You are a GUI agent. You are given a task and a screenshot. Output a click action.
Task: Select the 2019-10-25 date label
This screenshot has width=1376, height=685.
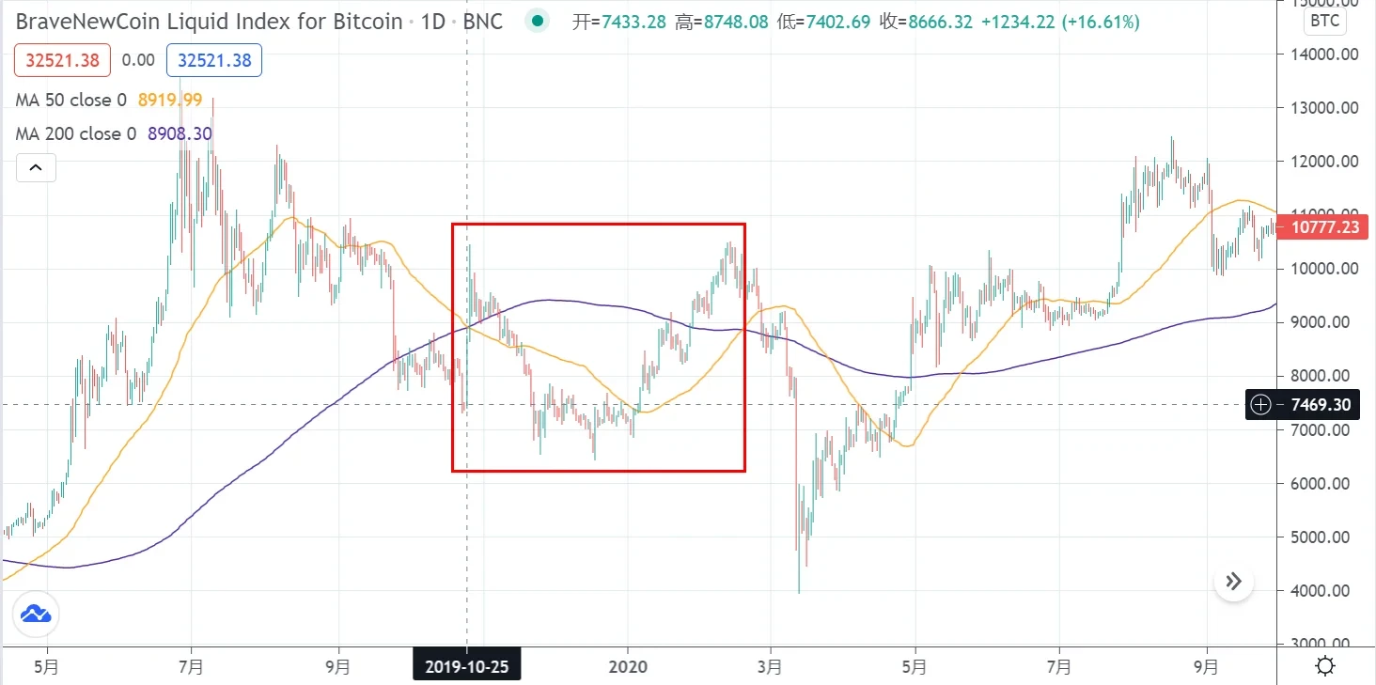click(x=467, y=667)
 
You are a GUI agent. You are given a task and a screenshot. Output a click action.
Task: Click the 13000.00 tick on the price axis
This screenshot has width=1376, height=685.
click(x=1321, y=107)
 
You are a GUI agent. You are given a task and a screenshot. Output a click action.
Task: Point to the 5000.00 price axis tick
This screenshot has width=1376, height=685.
click(x=1321, y=537)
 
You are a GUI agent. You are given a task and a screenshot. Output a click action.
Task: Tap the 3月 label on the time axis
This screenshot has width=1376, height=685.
click(x=771, y=667)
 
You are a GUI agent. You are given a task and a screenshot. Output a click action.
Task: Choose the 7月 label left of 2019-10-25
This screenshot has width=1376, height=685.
click(x=191, y=667)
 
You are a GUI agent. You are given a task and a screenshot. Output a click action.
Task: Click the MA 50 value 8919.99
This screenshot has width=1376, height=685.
click(x=169, y=100)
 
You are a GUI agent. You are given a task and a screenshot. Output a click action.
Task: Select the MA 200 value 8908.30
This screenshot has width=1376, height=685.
click(x=180, y=133)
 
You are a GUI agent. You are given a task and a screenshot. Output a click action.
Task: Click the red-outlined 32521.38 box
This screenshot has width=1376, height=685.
click(x=62, y=60)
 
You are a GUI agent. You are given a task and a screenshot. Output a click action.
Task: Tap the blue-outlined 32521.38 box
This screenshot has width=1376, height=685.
click(x=213, y=60)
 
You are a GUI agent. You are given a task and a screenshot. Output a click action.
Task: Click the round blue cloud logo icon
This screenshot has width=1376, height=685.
click(x=36, y=615)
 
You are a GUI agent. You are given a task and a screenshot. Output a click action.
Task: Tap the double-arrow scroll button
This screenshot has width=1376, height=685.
click(x=1234, y=582)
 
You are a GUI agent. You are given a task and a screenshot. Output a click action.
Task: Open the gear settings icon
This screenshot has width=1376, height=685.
click(x=1325, y=667)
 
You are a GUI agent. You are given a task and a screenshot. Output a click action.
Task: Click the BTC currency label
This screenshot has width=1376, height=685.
click(x=1324, y=20)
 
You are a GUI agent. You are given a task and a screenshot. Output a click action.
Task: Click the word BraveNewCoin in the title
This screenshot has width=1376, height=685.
click(x=84, y=21)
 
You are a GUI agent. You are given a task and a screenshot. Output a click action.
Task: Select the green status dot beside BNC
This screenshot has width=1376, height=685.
click(x=537, y=21)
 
